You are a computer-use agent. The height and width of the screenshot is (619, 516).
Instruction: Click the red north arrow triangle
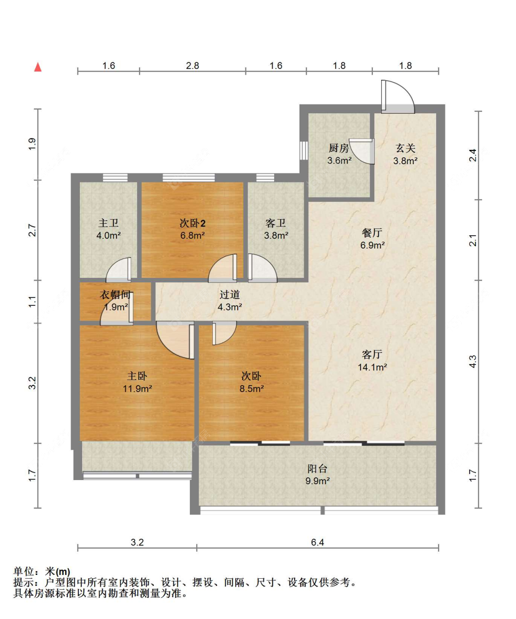pos(38,67)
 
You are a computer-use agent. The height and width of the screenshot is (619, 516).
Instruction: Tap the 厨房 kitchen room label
pos(338,148)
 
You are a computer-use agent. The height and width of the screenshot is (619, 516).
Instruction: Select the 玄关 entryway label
pos(405,148)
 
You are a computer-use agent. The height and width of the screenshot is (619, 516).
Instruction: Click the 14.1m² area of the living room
pos(372,367)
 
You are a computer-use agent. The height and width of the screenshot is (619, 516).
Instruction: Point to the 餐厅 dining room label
pos(372,233)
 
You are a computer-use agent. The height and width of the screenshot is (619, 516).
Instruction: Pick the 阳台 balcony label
pos(317,469)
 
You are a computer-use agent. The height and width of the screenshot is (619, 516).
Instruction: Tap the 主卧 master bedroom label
pos(137,376)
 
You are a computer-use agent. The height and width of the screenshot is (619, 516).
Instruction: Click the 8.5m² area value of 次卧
pos(251,389)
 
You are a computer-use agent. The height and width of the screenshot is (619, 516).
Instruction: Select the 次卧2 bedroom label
pos(193,223)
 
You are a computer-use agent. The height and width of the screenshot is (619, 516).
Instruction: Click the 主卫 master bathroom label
pos(109,223)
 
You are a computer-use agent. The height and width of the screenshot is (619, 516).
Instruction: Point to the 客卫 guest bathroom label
pos(276,223)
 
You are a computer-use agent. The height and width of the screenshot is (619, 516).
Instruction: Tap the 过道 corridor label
pos(229,295)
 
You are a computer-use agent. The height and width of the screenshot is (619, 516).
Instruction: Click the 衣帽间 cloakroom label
pos(115,295)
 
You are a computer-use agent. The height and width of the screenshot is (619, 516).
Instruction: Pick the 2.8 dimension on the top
pos(193,66)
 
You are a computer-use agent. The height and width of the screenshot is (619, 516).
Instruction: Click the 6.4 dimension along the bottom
pos(317,542)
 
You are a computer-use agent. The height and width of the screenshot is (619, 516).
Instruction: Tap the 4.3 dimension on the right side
pos(472,361)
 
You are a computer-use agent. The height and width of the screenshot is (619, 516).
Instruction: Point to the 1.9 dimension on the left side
pos(32,144)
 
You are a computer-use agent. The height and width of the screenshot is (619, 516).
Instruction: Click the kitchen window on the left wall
pos(303,150)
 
